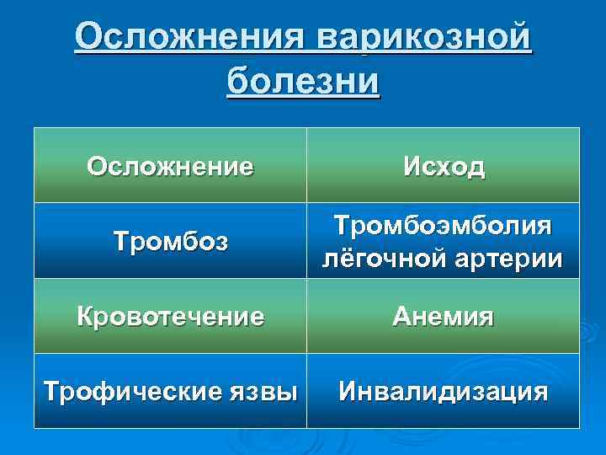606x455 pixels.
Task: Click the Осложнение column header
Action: point(169,166)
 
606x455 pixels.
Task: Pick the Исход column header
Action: point(443,166)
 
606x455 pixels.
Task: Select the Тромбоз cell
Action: point(169,243)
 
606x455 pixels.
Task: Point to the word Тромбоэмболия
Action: point(443,226)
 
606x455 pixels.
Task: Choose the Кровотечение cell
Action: point(169,317)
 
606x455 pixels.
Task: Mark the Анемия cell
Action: point(443,317)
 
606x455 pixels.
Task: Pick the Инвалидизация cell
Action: point(443,392)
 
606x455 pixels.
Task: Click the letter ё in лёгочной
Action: point(343,259)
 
